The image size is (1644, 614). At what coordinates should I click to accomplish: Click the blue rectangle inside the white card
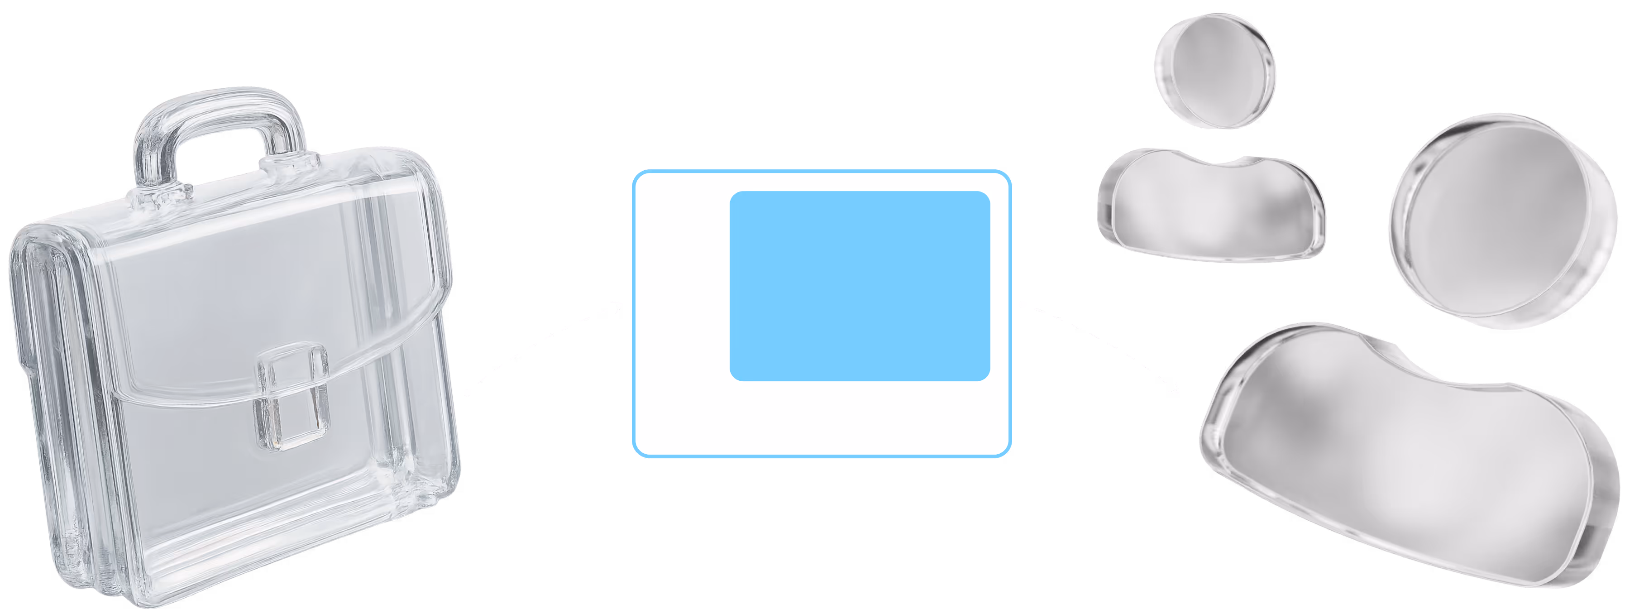[859, 286]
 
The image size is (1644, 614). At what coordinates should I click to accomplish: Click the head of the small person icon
[1214, 70]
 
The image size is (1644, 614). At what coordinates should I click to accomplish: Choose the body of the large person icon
[1404, 460]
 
